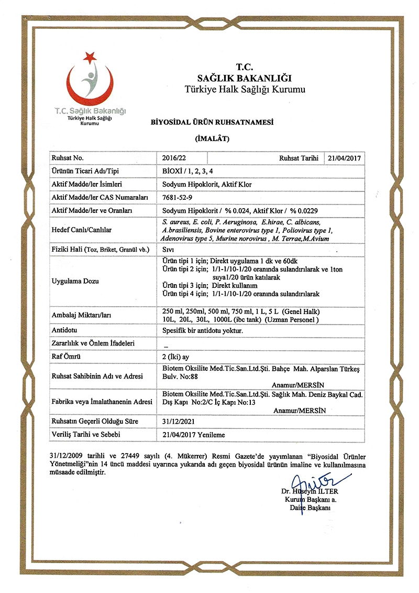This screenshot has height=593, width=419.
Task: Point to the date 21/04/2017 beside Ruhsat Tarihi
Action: click(x=345, y=157)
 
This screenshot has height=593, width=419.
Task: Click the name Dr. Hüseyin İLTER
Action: click(x=309, y=492)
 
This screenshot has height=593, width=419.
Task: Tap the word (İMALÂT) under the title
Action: click(x=212, y=138)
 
